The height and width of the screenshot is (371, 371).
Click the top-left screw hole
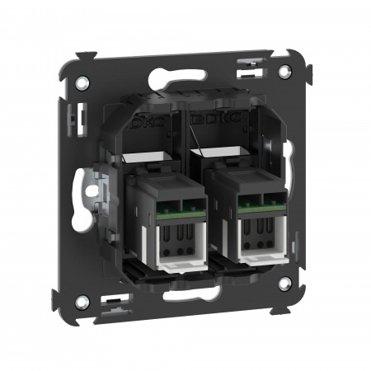coord(84,82)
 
